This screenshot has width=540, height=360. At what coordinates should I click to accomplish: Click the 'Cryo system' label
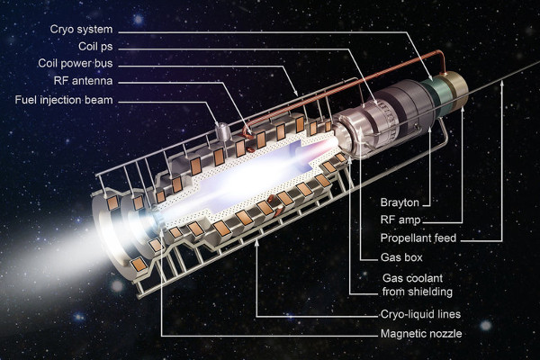pos(81,30)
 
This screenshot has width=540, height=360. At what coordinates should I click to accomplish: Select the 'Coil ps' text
pos(95,47)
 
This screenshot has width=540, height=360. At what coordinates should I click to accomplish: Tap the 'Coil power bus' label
pos(76,63)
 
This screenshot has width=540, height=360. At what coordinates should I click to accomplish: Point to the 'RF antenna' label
pos(83,81)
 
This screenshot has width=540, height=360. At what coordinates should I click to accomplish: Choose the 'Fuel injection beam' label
pos(64,100)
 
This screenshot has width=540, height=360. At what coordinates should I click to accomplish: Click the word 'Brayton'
pos(400,202)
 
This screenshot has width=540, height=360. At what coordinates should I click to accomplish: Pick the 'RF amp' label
pos(400,220)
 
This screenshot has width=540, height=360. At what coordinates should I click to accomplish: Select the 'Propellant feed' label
pos(418,238)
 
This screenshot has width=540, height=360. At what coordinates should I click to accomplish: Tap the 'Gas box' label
pos(401,257)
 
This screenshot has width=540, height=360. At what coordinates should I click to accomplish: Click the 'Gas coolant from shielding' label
pos(418,285)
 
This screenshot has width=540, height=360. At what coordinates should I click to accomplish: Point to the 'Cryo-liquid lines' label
pos(420,314)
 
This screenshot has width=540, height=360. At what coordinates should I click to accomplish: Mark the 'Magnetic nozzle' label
pos(421,334)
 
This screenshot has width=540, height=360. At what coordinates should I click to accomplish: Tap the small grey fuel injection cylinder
pos(222,131)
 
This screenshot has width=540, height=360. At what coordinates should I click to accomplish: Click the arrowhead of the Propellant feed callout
pos(502,83)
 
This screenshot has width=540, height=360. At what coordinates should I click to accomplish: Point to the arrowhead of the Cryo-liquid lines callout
pos(256,243)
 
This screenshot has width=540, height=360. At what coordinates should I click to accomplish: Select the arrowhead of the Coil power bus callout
pos(295,93)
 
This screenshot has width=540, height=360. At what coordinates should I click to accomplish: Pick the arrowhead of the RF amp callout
pos(463,110)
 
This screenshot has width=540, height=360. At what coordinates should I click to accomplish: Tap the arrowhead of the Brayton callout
pos(430,130)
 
